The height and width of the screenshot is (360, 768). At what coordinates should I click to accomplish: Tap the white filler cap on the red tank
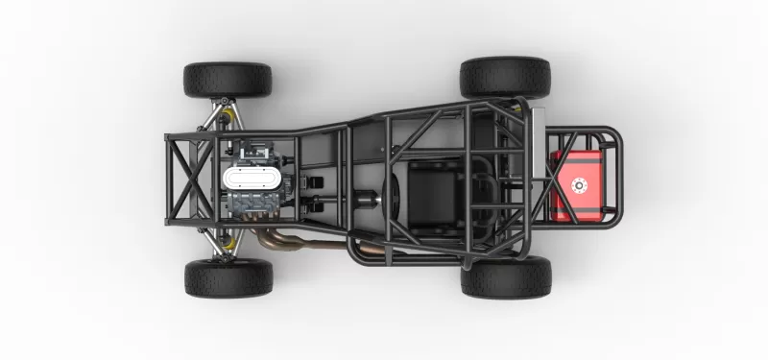point(579,185)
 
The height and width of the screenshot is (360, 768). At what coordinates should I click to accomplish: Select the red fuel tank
point(576,185)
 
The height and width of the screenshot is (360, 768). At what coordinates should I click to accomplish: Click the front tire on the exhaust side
point(228,277)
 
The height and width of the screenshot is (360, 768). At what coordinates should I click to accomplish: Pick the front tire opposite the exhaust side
point(228,81)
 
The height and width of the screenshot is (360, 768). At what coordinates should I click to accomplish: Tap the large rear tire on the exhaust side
point(505,277)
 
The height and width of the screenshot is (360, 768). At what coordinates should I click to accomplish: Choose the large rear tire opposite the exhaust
point(505,78)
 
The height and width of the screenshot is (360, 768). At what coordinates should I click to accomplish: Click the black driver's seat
point(432,191)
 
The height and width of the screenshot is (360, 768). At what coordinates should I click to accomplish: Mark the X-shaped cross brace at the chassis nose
point(187,179)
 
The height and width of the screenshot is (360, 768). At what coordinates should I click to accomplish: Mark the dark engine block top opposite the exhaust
point(253,151)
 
